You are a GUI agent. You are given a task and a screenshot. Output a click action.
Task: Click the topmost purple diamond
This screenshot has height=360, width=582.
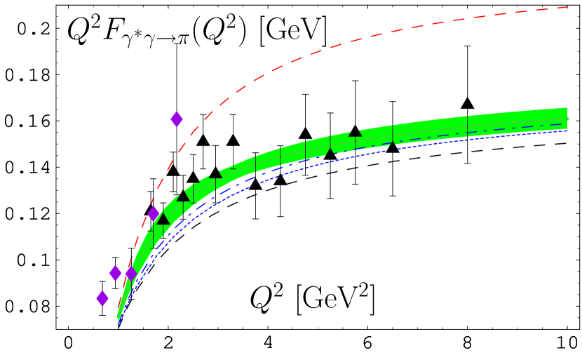tap(177, 119)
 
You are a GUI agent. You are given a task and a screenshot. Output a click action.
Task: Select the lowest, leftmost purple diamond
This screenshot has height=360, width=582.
tap(102, 298)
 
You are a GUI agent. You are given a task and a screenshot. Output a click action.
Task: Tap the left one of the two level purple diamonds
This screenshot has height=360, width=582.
tap(115, 273)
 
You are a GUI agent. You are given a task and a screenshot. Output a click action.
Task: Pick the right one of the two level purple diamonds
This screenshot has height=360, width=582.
tap(131, 273)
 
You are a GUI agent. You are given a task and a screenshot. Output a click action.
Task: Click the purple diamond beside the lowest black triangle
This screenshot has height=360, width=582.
tap(154, 213)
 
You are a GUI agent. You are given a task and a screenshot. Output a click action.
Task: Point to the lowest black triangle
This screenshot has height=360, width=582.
tap(163, 219)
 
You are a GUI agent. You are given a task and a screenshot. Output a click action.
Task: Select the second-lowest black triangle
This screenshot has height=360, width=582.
tap(184, 196)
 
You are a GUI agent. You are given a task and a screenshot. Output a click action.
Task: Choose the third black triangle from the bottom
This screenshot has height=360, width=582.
tap(215, 173)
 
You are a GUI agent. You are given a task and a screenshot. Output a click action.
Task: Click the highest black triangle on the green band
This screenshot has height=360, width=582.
tap(355, 131)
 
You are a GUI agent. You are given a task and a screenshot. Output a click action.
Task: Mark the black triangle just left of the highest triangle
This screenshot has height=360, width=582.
tap(330, 152)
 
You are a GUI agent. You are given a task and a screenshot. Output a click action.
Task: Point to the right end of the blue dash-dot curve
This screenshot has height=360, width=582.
tap(565, 124)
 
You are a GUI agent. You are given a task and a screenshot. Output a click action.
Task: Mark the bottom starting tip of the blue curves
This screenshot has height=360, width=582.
tap(118, 325)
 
